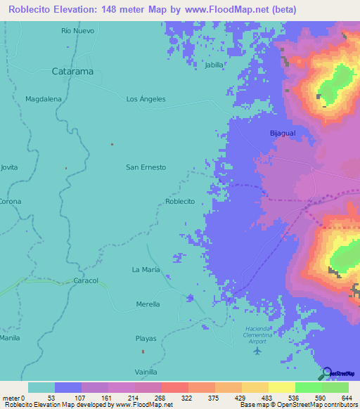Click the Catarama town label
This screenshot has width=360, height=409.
74,71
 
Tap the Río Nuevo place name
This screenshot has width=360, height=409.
77,31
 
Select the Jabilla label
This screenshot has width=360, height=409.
214,65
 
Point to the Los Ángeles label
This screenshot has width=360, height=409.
146,99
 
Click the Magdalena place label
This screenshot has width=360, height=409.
44,99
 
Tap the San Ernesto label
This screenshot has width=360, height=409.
146,167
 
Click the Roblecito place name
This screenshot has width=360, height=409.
179,202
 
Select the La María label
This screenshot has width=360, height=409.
146,270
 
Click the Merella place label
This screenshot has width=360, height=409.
148,304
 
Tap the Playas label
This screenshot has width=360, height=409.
146,339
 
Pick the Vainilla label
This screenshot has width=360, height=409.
146,372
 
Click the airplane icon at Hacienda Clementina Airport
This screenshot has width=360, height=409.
257,350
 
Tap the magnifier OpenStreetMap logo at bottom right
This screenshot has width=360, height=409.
326,373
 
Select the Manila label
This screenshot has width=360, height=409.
9,338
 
